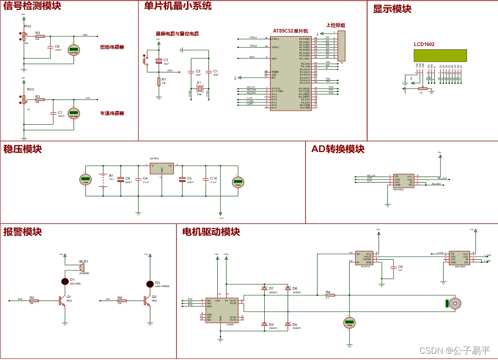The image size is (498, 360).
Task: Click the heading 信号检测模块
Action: click(32, 7)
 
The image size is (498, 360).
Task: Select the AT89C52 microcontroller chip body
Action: click(291, 72)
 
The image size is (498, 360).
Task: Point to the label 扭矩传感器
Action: click(112, 47)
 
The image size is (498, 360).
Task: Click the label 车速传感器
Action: click(112, 113)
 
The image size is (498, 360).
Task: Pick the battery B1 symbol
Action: click(103, 181)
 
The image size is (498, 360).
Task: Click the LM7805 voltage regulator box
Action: click(162, 169)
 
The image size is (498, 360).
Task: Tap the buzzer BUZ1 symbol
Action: click(82, 267)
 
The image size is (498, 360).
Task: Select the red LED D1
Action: click(65, 281)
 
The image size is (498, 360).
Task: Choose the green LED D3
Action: click(150, 284)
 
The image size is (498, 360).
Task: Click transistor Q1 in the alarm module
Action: click(62, 300)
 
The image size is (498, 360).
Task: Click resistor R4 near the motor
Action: click(330, 295)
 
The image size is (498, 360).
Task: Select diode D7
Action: click(264, 288)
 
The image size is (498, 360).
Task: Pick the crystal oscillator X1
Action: click(199, 89)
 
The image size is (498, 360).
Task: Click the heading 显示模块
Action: click(392, 9)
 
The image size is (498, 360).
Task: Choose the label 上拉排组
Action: click(336, 25)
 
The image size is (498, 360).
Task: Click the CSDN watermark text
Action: click(454, 350)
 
